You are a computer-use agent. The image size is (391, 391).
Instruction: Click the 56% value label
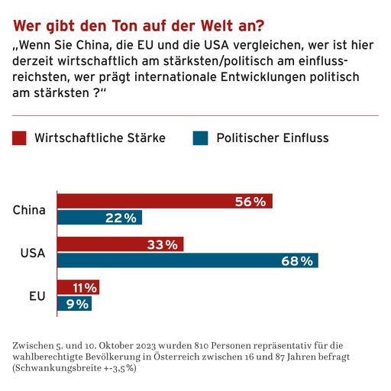[x=250, y=202]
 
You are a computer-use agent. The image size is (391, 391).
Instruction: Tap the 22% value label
[x=121, y=218]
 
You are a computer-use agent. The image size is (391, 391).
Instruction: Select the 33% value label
[x=162, y=244]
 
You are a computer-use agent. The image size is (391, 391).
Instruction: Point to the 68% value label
[x=297, y=260]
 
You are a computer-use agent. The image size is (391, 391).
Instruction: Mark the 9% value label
[x=77, y=303]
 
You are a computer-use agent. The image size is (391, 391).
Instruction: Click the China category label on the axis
[x=30, y=210]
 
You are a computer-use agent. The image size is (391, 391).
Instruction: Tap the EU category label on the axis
[x=37, y=296]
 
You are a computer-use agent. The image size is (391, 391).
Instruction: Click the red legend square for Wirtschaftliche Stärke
[x=20, y=138]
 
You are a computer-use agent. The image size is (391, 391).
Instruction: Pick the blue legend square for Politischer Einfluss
[x=200, y=138]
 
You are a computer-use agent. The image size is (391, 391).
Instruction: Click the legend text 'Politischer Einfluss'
[x=272, y=138]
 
